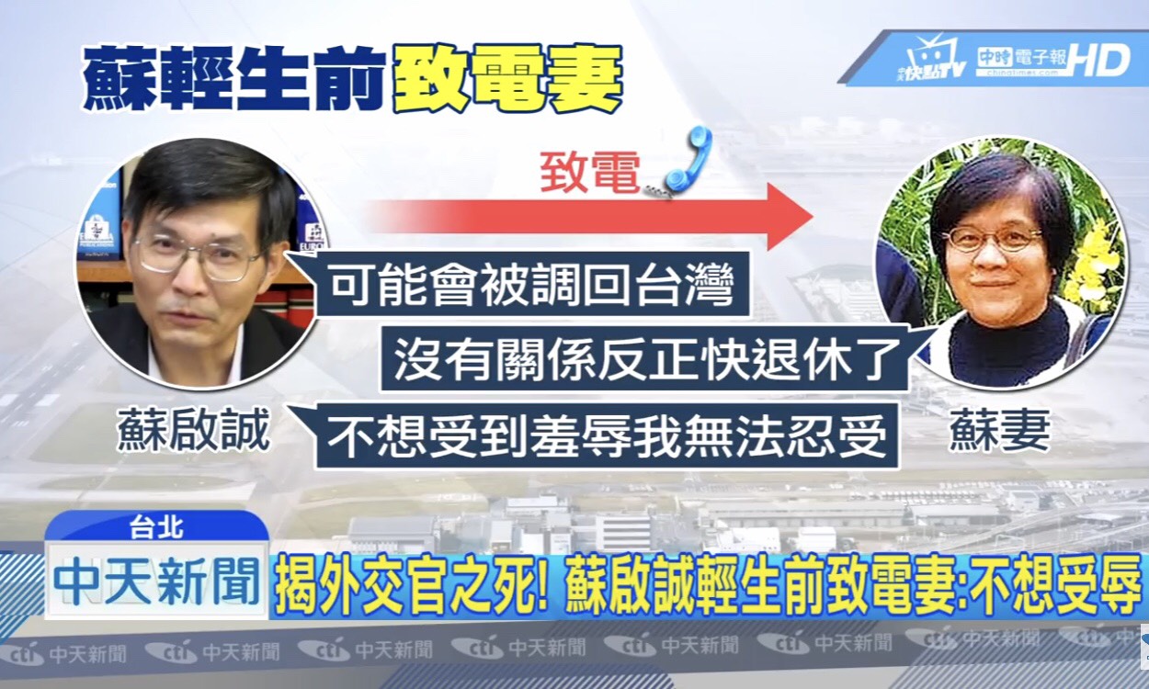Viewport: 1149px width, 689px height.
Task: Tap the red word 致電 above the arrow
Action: click(590, 173)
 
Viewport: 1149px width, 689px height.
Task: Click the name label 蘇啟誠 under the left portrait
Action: click(194, 431)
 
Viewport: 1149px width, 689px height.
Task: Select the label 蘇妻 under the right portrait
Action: click(999, 431)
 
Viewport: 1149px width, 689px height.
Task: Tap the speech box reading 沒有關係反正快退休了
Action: click(643, 360)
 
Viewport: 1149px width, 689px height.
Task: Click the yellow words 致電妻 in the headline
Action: click(507, 79)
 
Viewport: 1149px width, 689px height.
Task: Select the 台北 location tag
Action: click(156, 527)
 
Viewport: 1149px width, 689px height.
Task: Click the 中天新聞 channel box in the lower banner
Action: click(156, 581)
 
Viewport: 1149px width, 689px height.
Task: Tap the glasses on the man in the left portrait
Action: click(200, 259)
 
